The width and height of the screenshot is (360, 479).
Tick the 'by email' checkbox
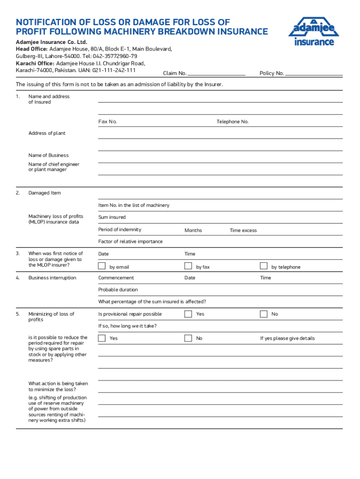[102, 266]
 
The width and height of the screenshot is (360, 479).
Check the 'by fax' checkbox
[188, 266]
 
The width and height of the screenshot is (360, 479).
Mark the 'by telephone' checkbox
[264, 266]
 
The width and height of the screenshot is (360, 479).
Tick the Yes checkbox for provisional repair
[188, 314]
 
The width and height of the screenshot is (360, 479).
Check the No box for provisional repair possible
[264, 314]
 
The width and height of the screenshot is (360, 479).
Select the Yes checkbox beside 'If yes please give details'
[102, 338]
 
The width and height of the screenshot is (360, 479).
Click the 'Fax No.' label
[108, 122]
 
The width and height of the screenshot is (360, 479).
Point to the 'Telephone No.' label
[232, 122]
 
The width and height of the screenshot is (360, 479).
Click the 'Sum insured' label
[112, 217]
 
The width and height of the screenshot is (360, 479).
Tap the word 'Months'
[193, 230]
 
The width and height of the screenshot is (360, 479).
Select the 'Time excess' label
[243, 230]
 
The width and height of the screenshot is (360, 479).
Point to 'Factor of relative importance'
[130, 241]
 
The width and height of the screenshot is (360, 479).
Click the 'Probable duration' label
[118, 290]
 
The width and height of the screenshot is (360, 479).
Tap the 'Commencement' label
[116, 278]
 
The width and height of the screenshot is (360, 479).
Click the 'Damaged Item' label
[44, 193]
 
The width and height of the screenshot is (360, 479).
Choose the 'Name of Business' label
[48, 155]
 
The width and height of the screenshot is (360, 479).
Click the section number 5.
[18, 314]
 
